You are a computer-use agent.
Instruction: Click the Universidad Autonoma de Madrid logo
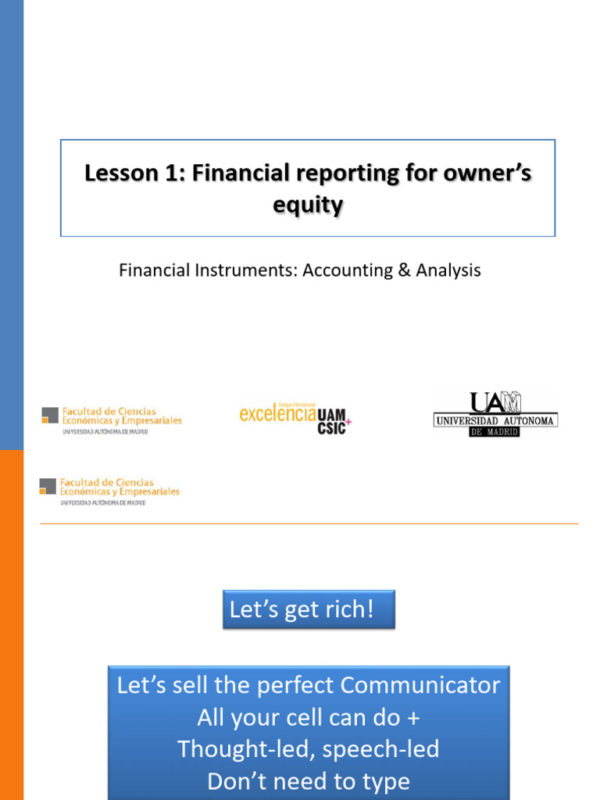495,414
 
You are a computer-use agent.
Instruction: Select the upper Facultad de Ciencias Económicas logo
111,420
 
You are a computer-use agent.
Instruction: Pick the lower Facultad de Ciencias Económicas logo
109,491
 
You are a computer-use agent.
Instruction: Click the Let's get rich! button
309,609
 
